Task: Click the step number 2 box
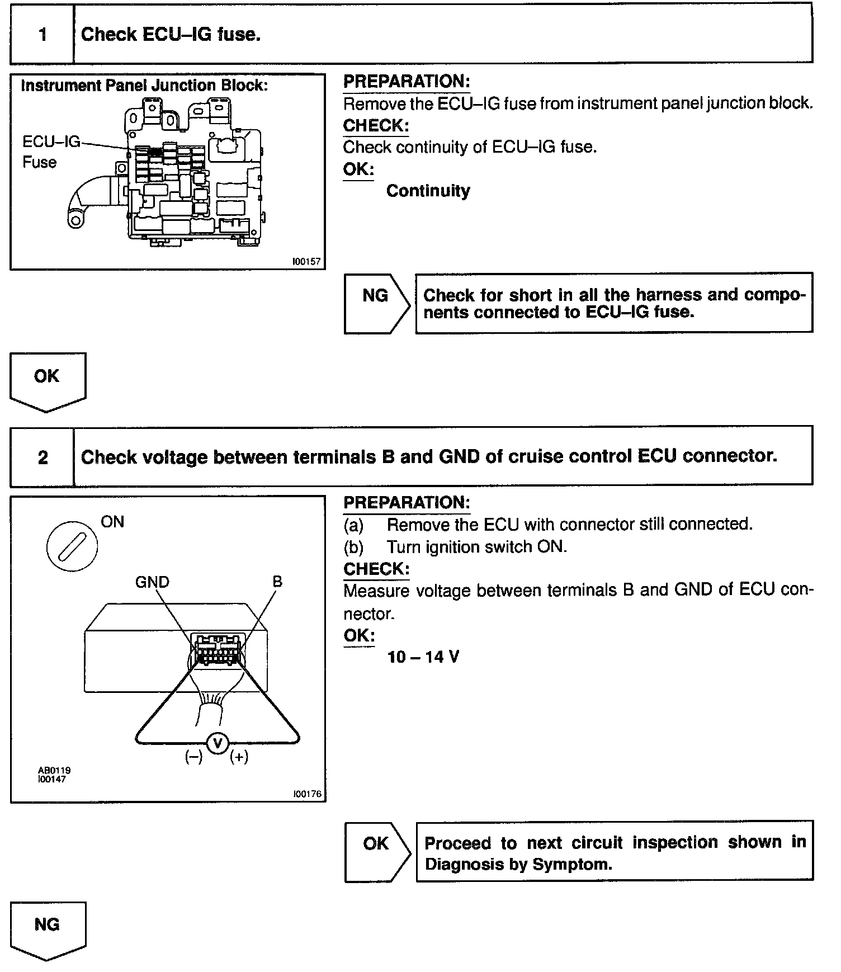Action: (x=42, y=457)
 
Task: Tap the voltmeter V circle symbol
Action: (x=218, y=743)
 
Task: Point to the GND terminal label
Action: (x=152, y=582)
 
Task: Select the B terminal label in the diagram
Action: (x=277, y=582)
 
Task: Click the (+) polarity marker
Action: (x=239, y=757)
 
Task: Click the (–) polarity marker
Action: (x=193, y=757)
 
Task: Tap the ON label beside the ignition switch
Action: (x=112, y=522)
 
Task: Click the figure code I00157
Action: (x=306, y=261)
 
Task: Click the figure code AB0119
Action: (x=54, y=770)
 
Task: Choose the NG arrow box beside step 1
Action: (x=376, y=304)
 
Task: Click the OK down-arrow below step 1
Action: (x=47, y=380)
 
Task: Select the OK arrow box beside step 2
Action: (x=376, y=851)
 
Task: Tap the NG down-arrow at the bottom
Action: (x=47, y=929)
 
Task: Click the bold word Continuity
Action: (x=428, y=191)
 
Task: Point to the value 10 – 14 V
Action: (x=423, y=657)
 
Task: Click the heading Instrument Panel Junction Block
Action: (x=144, y=86)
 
